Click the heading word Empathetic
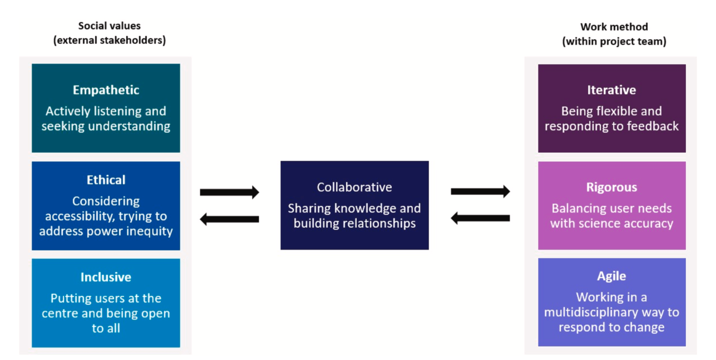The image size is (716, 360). [106, 90]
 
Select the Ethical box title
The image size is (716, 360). [106, 180]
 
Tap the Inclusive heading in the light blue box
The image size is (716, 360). [106, 277]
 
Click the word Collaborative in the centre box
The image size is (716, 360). [354, 188]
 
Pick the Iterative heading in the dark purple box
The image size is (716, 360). [612, 90]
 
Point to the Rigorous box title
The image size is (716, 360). [612, 188]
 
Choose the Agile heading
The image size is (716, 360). [612, 276]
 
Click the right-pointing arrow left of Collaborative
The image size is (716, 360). [229, 192]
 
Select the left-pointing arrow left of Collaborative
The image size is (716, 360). [229, 219]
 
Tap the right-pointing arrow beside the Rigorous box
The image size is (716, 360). [480, 191]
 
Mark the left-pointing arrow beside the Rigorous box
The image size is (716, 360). [480, 218]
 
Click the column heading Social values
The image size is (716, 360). [110, 26]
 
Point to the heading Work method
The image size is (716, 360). [614, 27]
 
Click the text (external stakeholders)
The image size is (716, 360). [110, 41]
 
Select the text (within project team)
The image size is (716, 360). [614, 42]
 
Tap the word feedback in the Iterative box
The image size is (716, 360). [652, 126]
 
